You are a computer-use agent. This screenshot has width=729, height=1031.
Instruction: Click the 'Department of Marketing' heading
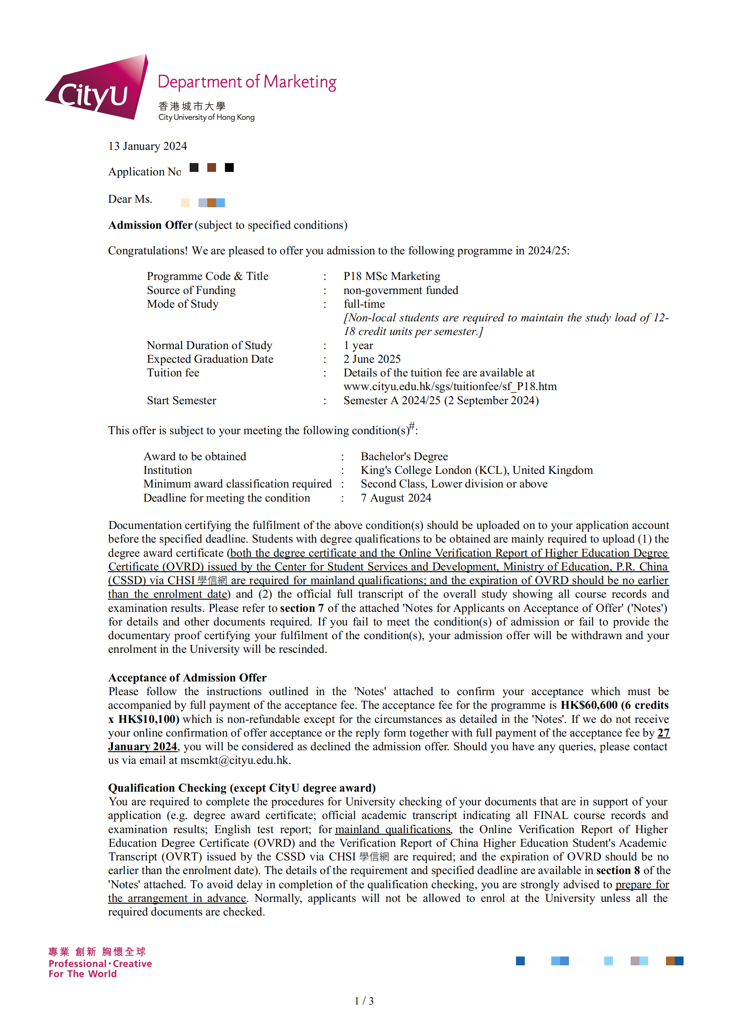(x=247, y=82)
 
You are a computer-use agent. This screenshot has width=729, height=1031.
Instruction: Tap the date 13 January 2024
(x=147, y=146)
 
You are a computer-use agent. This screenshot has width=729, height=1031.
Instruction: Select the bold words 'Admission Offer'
(x=150, y=225)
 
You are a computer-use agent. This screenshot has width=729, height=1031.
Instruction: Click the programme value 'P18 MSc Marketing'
(x=392, y=276)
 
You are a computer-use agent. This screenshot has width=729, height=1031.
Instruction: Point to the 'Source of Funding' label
(x=191, y=290)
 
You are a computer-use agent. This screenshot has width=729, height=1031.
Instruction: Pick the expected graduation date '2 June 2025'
(x=372, y=359)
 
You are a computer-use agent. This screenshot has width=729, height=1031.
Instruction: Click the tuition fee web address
(x=450, y=387)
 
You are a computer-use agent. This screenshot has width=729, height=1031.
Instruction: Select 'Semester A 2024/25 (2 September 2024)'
(x=441, y=401)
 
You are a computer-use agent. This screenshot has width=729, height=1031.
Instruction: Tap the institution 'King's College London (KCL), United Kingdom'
(x=476, y=470)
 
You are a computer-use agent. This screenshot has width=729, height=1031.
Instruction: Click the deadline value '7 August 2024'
(x=396, y=498)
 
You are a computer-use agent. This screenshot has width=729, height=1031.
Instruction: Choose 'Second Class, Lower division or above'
(x=454, y=484)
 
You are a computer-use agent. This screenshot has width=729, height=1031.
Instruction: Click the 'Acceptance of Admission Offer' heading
(x=187, y=677)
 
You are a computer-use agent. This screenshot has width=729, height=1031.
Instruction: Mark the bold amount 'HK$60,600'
(x=588, y=705)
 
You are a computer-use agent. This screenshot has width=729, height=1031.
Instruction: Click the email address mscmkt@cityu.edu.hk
(x=235, y=760)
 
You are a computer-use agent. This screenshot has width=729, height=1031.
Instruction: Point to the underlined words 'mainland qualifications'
(x=393, y=830)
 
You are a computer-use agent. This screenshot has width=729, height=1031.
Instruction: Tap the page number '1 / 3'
(x=364, y=1001)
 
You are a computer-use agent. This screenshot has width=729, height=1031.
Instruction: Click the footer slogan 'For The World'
(x=82, y=974)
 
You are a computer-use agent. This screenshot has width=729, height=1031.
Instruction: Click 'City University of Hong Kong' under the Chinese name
(x=206, y=118)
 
